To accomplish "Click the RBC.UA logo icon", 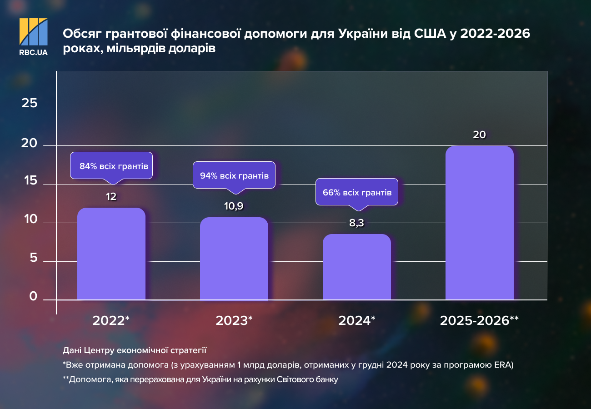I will pos(33,32).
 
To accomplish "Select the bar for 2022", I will pos(111,254).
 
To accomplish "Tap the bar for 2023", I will pos(234,259).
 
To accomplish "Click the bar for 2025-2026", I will pos(480,223).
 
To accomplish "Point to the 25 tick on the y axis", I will pos(30,103).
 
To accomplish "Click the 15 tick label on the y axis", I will pos(30,180).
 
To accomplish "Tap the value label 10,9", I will pos(234,206).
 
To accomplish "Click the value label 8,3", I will pos(357,223).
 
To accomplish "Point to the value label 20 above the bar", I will pos(479,135).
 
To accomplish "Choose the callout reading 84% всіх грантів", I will pos(111,166).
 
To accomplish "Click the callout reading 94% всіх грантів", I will pos(234,175).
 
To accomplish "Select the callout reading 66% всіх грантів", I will pos(357,192).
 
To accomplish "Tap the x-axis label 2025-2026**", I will pos(479,320).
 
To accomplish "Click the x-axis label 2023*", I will pos(234,320).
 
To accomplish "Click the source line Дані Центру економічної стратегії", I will pos(135,350).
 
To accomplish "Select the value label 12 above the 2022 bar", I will pos(111,197).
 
